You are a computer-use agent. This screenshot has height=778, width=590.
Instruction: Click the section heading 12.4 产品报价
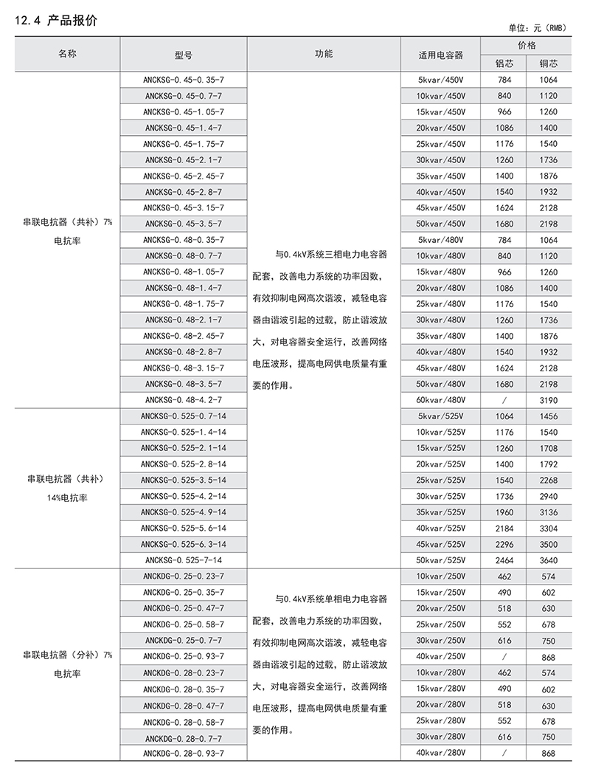click(x=56, y=21)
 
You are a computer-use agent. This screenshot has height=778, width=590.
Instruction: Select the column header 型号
click(x=184, y=55)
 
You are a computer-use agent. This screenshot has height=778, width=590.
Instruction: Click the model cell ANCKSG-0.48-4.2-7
click(x=184, y=399)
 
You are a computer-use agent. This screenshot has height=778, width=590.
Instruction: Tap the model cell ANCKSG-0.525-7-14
click(x=184, y=560)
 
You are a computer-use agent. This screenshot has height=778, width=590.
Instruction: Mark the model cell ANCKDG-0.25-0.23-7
click(x=184, y=576)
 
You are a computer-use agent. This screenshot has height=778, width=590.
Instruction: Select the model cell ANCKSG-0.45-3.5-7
click(x=184, y=224)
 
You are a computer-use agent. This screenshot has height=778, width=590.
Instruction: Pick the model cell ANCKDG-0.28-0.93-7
click(x=184, y=752)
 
